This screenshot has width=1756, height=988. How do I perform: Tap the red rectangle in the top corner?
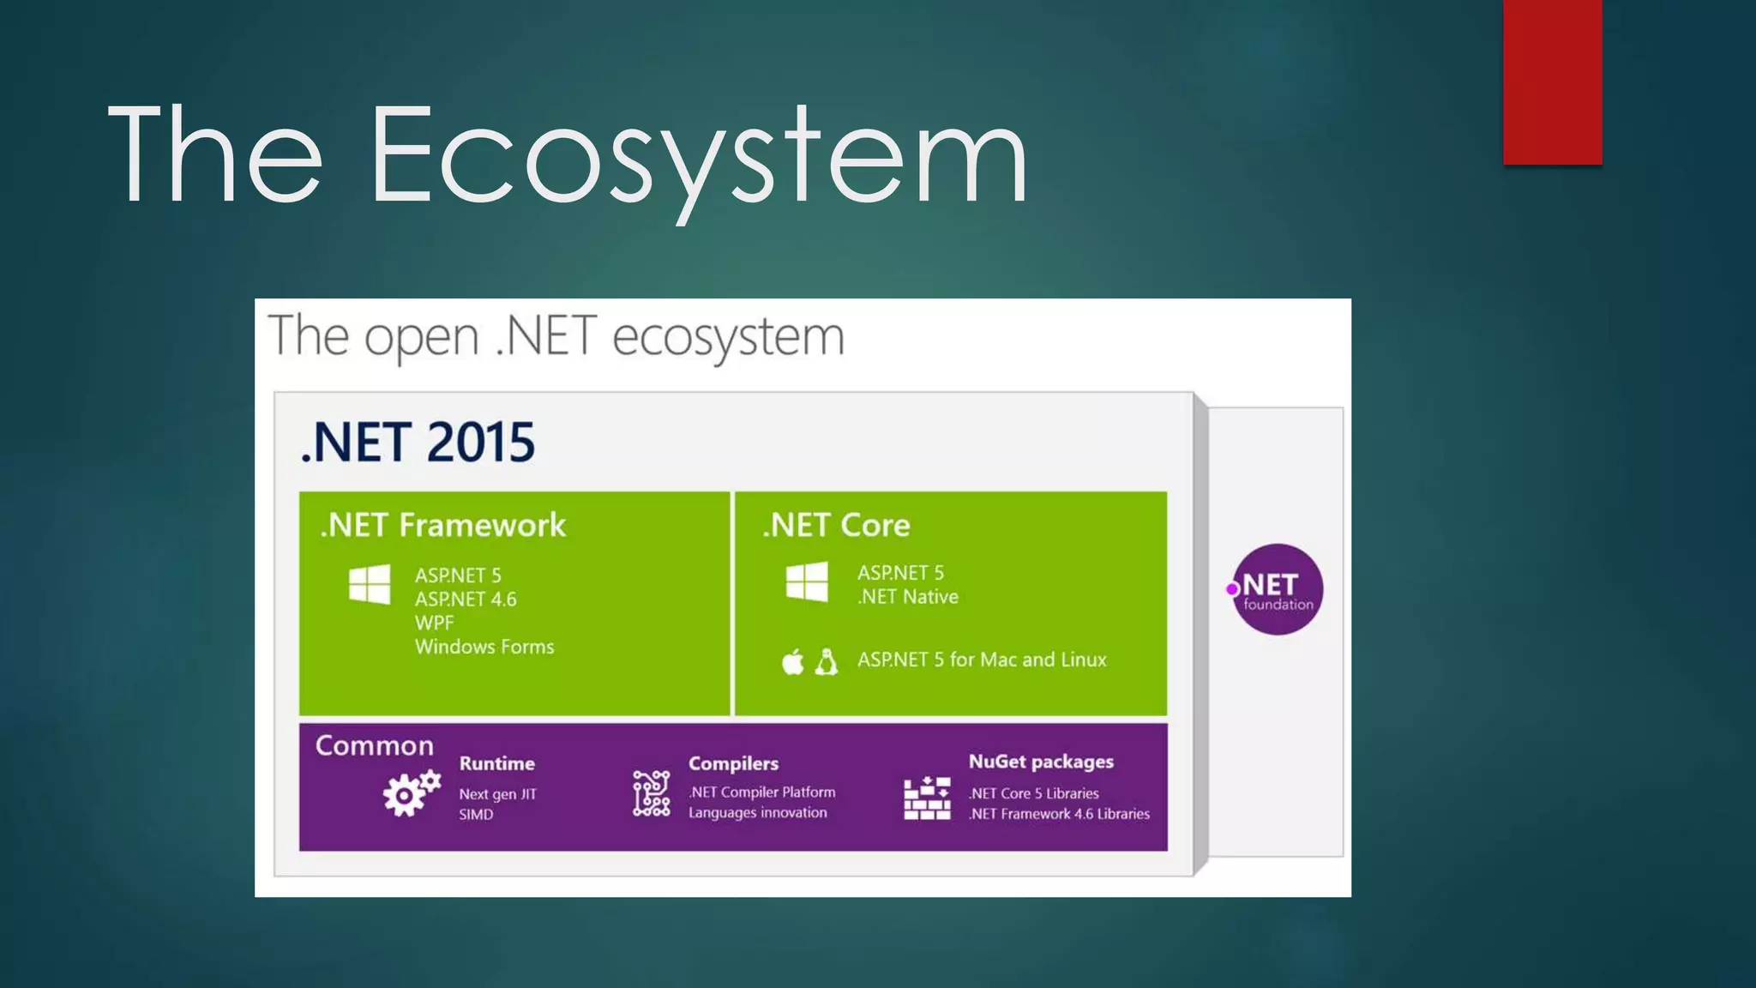click(x=1552, y=81)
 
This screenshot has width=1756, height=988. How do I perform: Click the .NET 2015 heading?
click(x=418, y=443)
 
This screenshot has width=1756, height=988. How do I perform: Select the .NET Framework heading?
click(x=442, y=525)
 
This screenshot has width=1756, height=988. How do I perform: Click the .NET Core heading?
click(x=836, y=525)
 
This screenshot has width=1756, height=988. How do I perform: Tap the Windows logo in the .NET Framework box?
click(x=370, y=584)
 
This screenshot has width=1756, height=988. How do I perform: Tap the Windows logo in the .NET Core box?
click(x=807, y=581)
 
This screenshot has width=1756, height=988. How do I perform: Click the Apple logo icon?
click(x=793, y=662)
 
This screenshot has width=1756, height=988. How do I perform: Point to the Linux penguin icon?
click(x=826, y=661)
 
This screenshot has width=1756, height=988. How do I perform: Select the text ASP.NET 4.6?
click(x=466, y=599)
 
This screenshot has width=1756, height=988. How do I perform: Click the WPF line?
click(x=434, y=623)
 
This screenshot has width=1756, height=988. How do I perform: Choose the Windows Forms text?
click(x=484, y=647)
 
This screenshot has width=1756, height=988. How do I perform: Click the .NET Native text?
click(x=907, y=597)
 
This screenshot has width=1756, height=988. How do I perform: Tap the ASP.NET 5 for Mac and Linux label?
click(x=982, y=660)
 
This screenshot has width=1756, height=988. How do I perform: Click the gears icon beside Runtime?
click(x=411, y=793)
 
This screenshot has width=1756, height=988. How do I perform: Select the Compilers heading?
click(x=733, y=763)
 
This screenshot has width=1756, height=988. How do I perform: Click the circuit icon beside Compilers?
click(x=651, y=793)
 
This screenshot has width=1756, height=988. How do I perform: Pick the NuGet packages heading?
click(x=1040, y=762)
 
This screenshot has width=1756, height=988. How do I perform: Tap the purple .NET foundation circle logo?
click(x=1277, y=589)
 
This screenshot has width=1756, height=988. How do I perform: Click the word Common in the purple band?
click(x=374, y=745)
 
